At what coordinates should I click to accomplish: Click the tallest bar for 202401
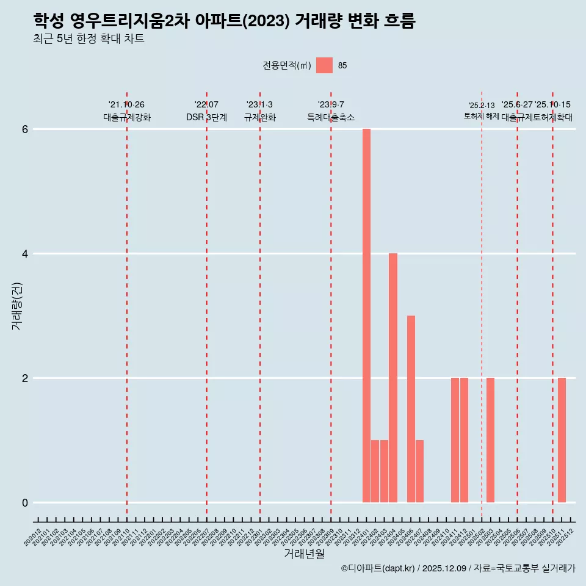point(366,316)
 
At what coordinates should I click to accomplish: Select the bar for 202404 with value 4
point(393,378)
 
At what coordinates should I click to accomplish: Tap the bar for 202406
point(411,409)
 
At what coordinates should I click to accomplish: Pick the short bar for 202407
point(419,471)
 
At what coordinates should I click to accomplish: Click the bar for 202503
point(490,440)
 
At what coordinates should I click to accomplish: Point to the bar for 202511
point(562,440)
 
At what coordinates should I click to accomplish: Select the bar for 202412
point(464,440)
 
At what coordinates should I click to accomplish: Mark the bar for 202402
point(375,471)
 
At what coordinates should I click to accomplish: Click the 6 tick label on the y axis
point(25,129)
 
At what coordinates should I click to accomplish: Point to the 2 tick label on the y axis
point(25,378)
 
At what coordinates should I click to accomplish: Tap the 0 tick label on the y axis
point(25,503)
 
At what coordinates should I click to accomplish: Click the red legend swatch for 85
point(324,65)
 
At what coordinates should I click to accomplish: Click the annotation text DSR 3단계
point(206,118)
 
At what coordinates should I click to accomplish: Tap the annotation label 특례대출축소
point(330,118)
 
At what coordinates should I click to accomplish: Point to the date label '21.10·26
point(126,105)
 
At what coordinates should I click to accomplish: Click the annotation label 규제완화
point(259,118)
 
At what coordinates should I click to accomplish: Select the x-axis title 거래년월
point(304,554)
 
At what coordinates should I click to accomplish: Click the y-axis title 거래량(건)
point(16,306)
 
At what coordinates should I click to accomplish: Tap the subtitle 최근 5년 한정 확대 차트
point(89,40)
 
